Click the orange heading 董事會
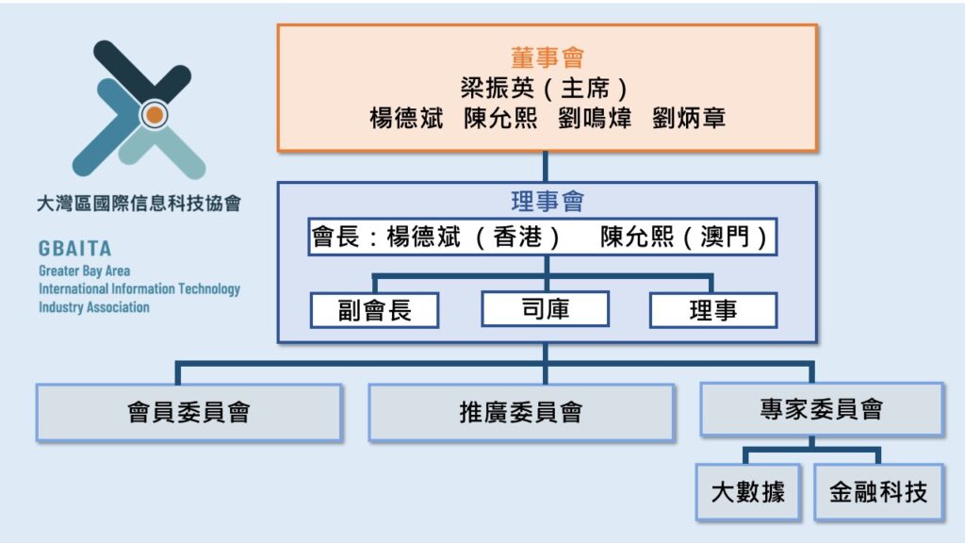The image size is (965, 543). click(547, 58)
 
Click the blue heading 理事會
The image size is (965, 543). click(547, 202)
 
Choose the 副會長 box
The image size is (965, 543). click(374, 310)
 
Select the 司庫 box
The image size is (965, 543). click(545, 309)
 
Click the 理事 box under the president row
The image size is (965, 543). click(712, 310)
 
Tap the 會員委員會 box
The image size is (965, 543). click(188, 412)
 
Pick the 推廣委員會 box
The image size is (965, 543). click(520, 412)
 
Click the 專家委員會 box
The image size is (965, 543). click(821, 409)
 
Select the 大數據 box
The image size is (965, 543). click(747, 492)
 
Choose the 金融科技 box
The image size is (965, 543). click(878, 492)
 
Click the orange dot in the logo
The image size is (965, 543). click(155, 115)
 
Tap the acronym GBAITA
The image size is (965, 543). click(75, 250)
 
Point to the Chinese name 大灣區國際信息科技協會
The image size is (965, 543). click(139, 204)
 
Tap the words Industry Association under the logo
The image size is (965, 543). click(94, 307)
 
